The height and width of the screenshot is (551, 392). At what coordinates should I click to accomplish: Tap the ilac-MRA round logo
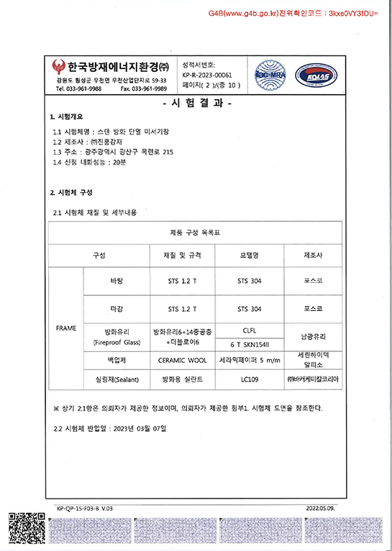click(269, 75)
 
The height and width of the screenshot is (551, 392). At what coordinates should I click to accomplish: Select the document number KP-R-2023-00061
click(208, 74)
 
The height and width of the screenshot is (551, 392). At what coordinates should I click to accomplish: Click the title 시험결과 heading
click(196, 103)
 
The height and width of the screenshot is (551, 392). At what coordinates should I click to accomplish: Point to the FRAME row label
click(66, 328)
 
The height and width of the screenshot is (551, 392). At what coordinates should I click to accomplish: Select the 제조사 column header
click(314, 255)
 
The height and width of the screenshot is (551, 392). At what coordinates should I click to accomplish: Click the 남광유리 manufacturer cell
click(314, 336)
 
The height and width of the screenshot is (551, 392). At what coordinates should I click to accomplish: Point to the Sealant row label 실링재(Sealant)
click(116, 378)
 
